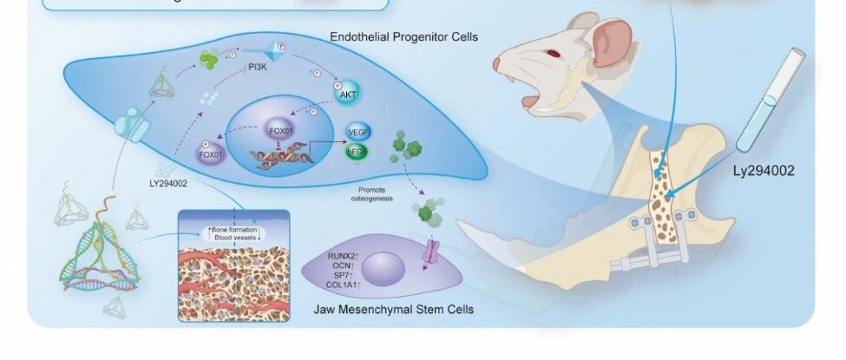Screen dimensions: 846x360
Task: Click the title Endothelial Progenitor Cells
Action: (403, 37)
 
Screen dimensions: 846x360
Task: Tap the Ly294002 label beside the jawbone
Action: (764, 171)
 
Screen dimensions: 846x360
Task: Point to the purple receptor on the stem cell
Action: (431, 253)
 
